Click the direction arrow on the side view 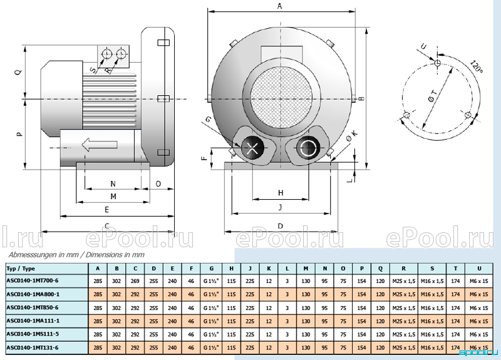tap(100, 145)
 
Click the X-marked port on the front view tap(252, 148)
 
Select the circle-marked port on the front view tap(309, 148)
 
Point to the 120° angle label tap(477, 66)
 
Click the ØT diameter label tap(432, 96)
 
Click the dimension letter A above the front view tap(280, 6)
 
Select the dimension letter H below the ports tap(281, 193)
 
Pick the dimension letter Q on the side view tap(19, 72)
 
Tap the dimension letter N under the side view tap(113, 183)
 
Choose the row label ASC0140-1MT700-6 tap(33, 280)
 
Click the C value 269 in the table tap(135, 281)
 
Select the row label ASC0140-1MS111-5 tap(33, 334)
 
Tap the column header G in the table tap(211, 269)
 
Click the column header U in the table tap(479, 269)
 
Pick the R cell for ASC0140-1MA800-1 tap(404, 294)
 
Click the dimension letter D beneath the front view tap(280, 226)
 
